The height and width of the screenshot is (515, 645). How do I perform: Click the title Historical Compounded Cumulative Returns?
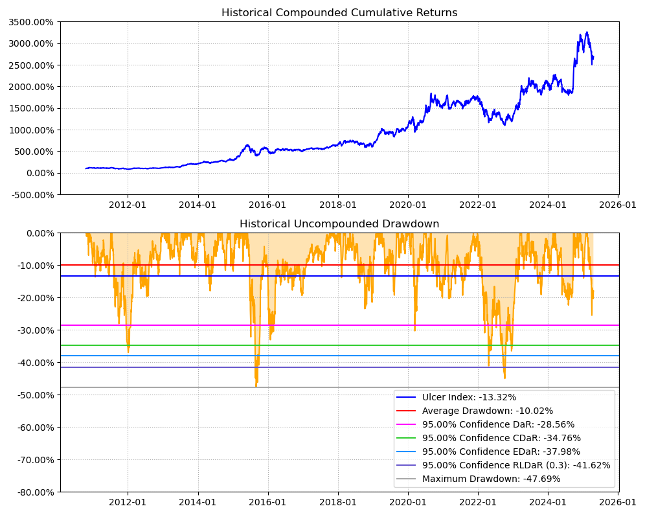coord(339,13)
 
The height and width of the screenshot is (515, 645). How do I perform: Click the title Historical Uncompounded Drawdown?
coord(339,224)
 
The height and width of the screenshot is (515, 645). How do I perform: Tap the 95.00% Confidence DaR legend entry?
coord(498,424)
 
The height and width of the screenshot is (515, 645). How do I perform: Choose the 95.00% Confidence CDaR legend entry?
coord(501,438)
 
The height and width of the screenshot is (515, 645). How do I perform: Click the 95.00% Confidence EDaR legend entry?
coord(501,452)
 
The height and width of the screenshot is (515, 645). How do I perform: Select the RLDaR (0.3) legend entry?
coord(516,465)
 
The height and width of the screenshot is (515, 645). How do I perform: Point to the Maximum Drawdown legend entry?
coord(491,479)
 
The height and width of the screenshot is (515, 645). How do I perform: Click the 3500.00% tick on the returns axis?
coord(31,22)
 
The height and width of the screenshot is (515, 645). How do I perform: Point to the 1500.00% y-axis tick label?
coord(31,108)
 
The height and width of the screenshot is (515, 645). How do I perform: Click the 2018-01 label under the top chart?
coord(338,205)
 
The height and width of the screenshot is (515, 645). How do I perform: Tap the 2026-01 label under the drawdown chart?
coord(618,503)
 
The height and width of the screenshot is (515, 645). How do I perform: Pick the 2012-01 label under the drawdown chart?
coord(128,503)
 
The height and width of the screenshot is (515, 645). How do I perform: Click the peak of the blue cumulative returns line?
coord(587,32)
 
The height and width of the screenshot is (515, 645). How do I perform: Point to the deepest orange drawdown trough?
coord(256,387)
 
